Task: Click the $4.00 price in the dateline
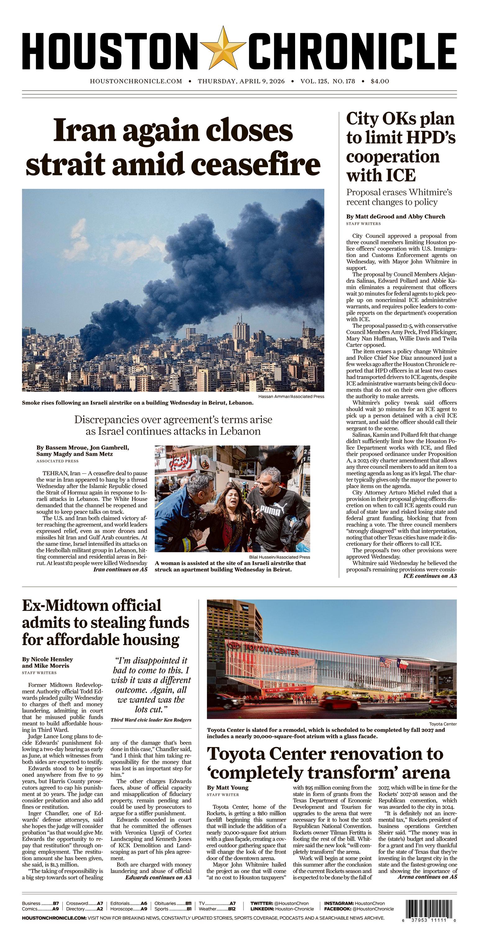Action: click(380, 81)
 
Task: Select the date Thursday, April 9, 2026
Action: click(241, 81)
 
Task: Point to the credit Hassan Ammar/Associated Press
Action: click(291, 396)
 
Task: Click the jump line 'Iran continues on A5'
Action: click(120, 570)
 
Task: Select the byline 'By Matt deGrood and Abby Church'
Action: click(395, 216)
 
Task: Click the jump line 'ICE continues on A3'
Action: click(430, 576)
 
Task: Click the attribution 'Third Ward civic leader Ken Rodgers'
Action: click(151, 720)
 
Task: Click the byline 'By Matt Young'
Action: click(228, 787)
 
